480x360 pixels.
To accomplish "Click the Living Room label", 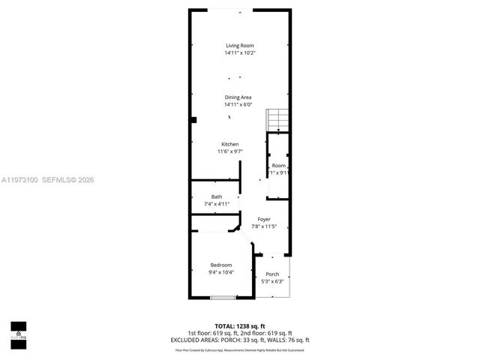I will [239, 46].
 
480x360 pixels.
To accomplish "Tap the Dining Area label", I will [239, 97].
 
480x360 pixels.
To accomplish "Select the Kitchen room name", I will [229, 144].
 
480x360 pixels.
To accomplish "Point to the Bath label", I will [216, 197].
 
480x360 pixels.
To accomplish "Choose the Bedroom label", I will [221, 265].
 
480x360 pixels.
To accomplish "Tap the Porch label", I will [272, 274].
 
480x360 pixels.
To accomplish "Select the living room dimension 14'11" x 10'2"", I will [239, 53].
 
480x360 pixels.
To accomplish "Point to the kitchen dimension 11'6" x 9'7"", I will [229, 151].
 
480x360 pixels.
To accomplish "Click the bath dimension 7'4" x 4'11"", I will [216, 204].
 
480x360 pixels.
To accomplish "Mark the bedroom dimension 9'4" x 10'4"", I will [221, 272].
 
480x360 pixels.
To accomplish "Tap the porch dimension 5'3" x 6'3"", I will [272, 282].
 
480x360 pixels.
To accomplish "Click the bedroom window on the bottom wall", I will [222, 298].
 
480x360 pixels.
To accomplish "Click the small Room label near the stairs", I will [278, 166].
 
